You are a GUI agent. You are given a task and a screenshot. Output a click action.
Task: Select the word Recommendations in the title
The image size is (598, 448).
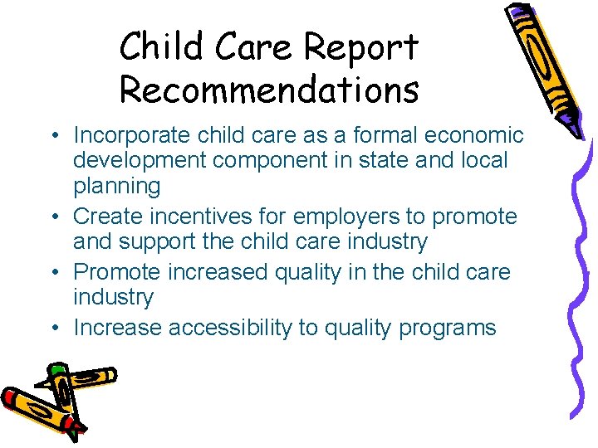point(269,90)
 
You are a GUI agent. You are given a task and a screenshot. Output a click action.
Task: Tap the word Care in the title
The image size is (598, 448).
point(252,48)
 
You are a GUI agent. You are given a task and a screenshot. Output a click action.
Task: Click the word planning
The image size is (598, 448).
point(117,185)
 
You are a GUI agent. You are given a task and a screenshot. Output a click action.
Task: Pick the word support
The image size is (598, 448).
point(174,242)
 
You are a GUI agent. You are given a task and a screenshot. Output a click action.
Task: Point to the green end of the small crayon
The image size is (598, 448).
point(56,371)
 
